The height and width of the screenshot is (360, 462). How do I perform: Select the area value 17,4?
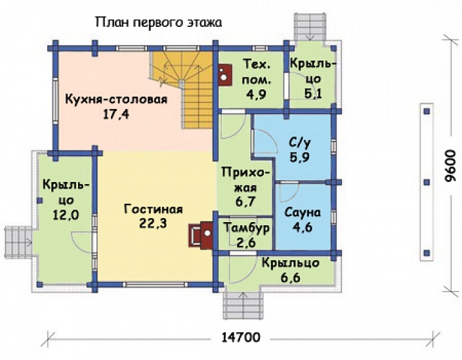[116, 114]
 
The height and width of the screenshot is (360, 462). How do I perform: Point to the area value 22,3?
[153, 225]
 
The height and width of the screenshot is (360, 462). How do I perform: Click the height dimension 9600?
[449, 173]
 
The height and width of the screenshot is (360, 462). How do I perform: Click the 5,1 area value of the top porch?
[312, 93]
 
